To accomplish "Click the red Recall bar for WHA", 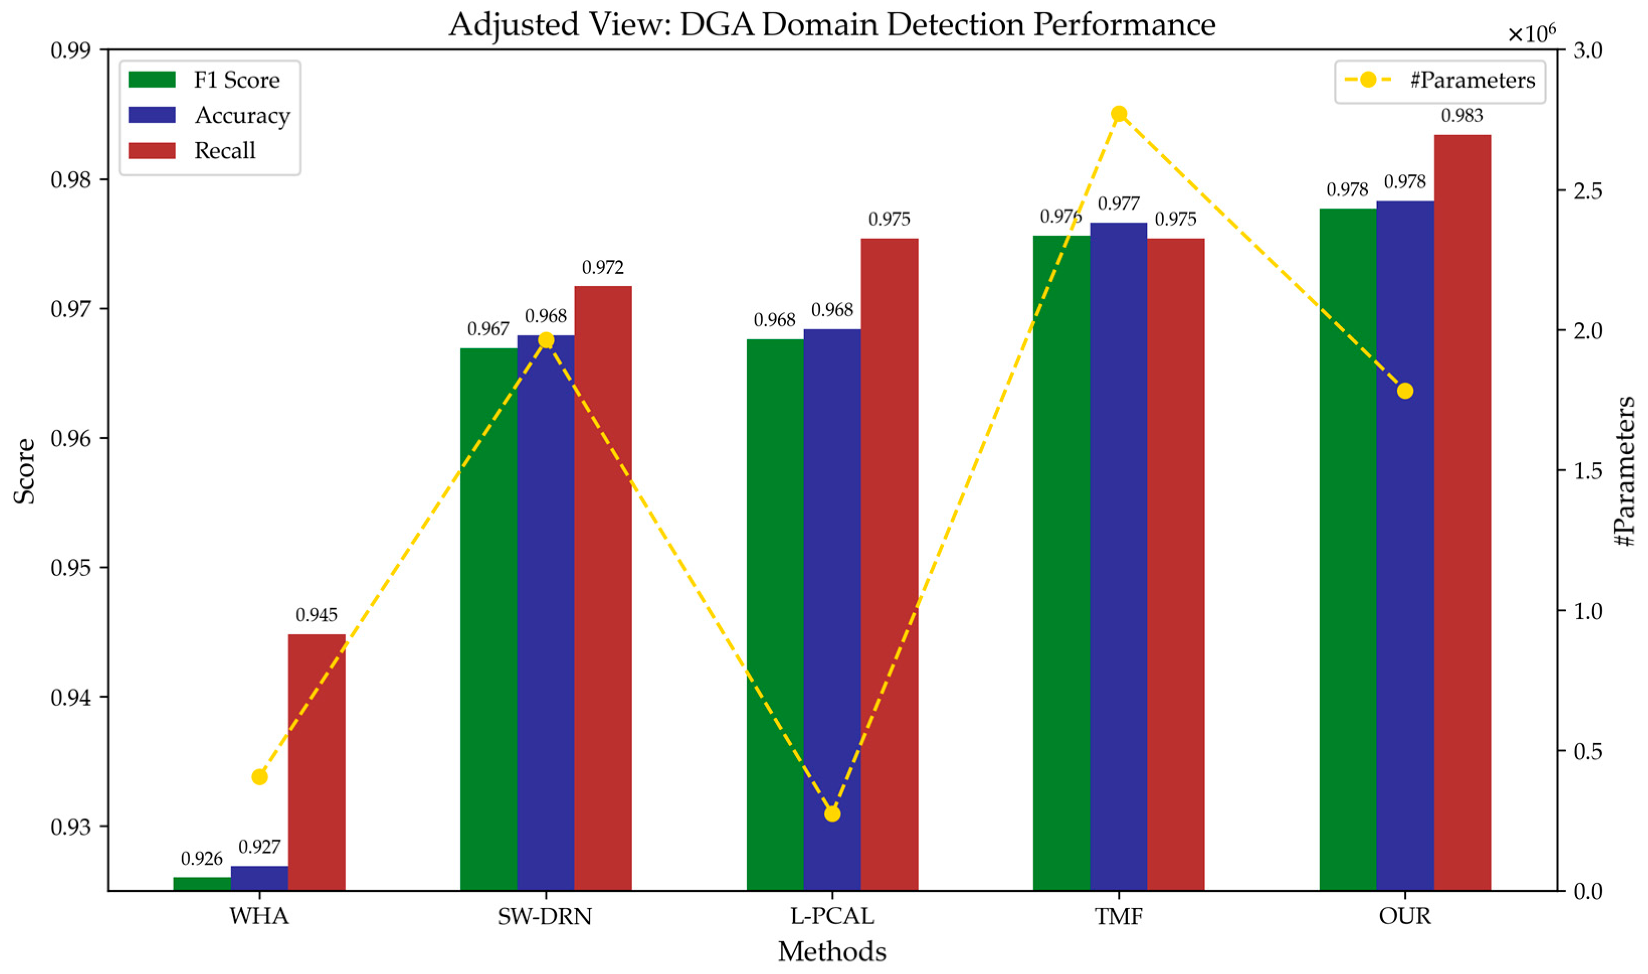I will [x=316, y=761].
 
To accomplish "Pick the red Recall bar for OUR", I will [x=1462, y=512].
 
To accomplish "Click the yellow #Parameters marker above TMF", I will [x=1119, y=114].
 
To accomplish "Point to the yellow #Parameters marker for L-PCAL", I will [x=832, y=814].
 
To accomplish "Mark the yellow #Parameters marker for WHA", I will [x=260, y=776].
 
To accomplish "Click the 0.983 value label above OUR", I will [x=1462, y=116].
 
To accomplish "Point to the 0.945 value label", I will [x=316, y=615].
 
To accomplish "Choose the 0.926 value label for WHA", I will [x=202, y=858].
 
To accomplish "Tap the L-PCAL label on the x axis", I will [x=832, y=916].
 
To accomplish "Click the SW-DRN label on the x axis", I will [x=545, y=916].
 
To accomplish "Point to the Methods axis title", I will [x=832, y=951].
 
